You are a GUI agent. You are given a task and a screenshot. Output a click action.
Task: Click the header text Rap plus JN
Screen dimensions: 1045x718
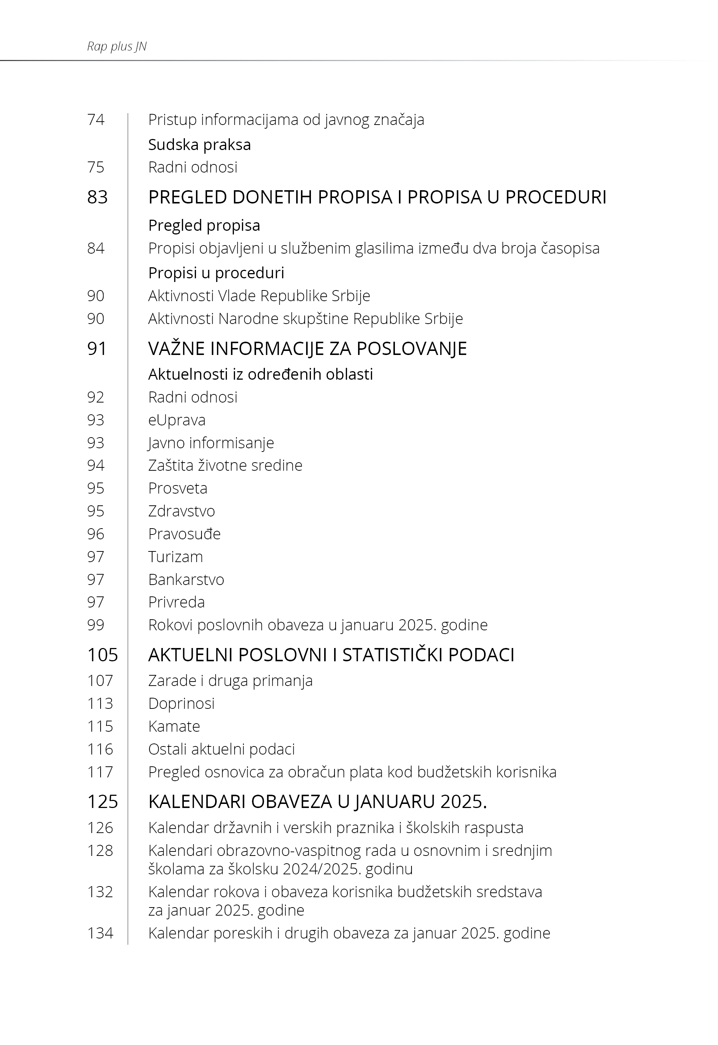(x=116, y=46)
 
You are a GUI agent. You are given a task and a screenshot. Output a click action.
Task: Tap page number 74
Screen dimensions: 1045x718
(x=96, y=120)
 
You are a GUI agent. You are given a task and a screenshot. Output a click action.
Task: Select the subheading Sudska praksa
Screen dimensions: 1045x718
(x=199, y=145)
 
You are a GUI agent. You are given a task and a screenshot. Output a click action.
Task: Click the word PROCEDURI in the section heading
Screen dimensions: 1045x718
(x=556, y=198)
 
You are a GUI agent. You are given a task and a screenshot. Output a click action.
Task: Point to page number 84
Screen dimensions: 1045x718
(x=96, y=248)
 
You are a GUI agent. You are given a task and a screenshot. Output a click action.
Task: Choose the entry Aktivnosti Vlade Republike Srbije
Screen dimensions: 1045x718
(x=259, y=296)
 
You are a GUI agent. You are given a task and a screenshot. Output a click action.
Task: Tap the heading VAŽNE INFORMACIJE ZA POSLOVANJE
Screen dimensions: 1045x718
(x=307, y=349)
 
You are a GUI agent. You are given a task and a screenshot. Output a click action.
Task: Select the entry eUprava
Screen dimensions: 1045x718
(x=177, y=420)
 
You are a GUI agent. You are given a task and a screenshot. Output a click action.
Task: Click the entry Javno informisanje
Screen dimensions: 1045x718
(x=211, y=443)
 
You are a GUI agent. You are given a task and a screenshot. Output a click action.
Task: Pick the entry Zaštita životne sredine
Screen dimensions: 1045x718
(x=225, y=465)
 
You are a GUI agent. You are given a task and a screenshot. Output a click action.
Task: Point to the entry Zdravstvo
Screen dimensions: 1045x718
(x=181, y=511)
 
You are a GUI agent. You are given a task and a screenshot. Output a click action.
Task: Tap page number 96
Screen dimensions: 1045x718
(x=96, y=534)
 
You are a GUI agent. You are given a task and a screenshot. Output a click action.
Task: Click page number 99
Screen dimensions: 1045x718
(x=96, y=625)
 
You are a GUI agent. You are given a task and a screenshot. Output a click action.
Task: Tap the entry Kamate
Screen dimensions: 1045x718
(x=174, y=727)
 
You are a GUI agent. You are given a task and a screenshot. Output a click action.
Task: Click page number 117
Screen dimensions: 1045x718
(x=100, y=772)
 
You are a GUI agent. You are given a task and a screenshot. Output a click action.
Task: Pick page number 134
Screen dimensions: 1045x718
(x=100, y=933)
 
